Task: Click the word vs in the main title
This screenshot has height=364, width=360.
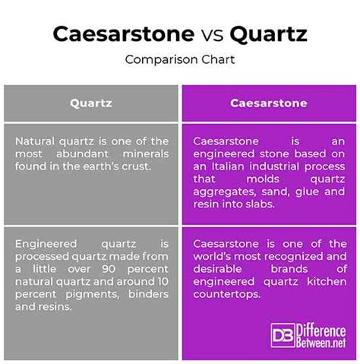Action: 212,35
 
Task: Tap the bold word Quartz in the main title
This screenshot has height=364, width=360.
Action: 268,34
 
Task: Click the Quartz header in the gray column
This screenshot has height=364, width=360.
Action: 91,103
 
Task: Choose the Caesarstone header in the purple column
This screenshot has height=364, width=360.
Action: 269,103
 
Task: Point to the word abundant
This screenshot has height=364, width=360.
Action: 82,154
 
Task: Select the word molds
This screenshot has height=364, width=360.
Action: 263,179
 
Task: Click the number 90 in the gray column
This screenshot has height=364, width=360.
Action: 109,269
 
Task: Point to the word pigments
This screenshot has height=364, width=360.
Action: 93,295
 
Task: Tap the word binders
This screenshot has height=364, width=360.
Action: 148,294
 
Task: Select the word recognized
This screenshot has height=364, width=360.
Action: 294,257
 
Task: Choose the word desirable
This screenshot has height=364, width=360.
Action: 217,269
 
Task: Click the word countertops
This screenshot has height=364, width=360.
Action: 227,295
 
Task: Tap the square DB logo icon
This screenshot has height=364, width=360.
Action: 283,335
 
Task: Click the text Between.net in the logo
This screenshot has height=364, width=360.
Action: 321,343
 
